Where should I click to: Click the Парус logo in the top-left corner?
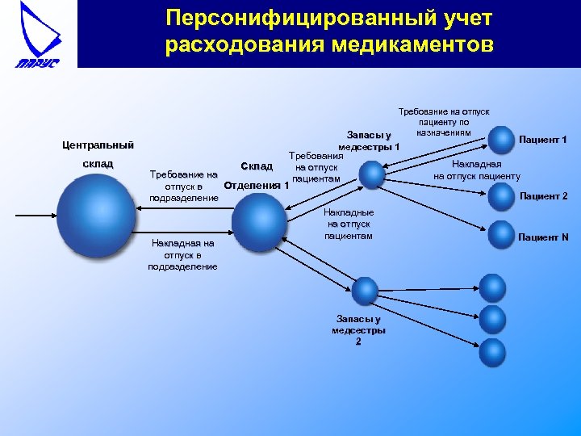pyautogui.click(x=38, y=34)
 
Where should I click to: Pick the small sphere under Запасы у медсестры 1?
pyautogui.click(x=371, y=174)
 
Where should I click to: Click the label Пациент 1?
pyautogui.click(x=543, y=140)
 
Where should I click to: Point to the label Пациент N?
pyautogui.click(x=543, y=237)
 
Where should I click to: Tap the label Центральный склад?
pyautogui.click(x=98, y=154)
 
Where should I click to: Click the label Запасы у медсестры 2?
pyautogui.click(x=358, y=330)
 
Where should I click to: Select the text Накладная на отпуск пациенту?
pyautogui.click(x=476, y=170)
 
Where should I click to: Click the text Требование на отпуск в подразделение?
pyautogui.click(x=184, y=186)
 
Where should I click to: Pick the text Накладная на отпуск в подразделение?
pyautogui.click(x=182, y=254)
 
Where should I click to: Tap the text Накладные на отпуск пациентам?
pyautogui.click(x=349, y=224)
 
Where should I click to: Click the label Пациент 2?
pyautogui.click(x=543, y=195)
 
